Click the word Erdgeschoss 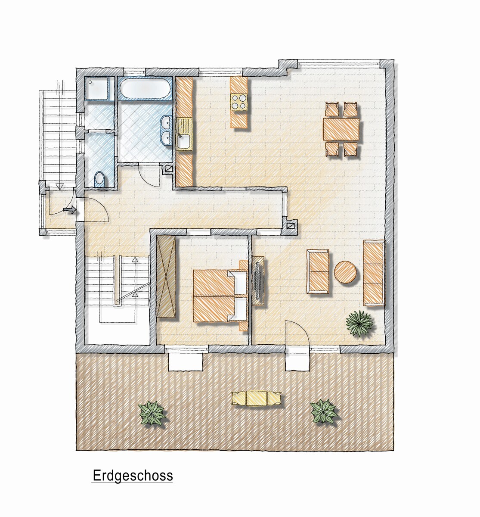(x=133, y=475)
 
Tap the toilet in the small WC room (x=99, y=179)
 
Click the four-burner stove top (x=238, y=102)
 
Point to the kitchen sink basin (x=184, y=142)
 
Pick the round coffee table (x=345, y=272)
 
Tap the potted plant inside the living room (x=359, y=323)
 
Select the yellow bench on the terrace (x=256, y=398)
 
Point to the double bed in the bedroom (x=220, y=295)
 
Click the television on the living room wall (x=258, y=280)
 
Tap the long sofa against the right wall (x=374, y=273)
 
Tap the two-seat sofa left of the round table (x=318, y=271)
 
